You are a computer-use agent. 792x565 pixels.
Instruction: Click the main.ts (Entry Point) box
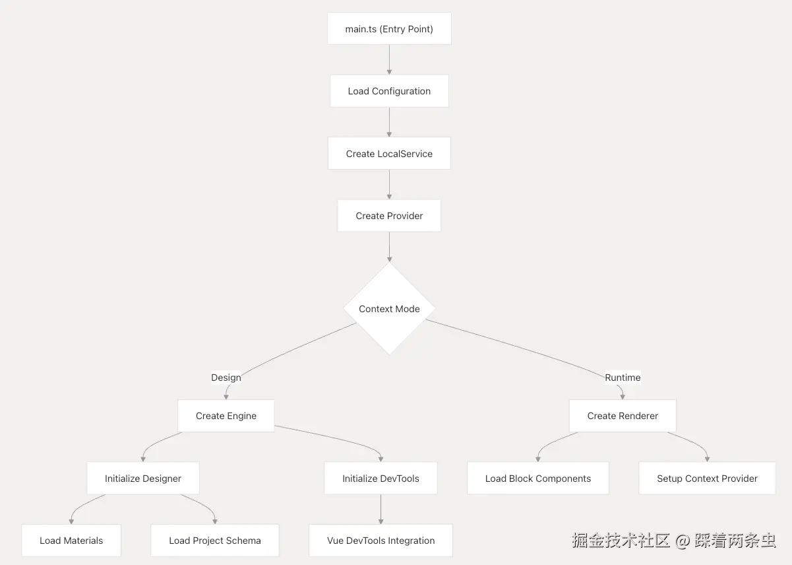click(x=389, y=29)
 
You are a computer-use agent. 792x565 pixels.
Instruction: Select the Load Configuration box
click(x=389, y=91)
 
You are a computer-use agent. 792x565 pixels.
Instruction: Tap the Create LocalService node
click(x=389, y=154)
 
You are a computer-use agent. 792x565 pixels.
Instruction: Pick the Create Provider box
click(x=389, y=216)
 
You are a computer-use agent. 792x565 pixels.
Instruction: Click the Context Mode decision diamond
click(x=389, y=309)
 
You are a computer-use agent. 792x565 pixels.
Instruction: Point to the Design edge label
click(x=226, y=378)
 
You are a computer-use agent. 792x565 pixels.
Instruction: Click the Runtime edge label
click(x=623, y=378)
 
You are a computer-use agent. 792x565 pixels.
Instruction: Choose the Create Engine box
click(x=226, y=416)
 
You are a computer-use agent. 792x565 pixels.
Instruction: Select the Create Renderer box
click(x=623, y=416)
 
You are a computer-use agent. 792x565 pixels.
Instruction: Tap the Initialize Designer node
click(x=143, y=479)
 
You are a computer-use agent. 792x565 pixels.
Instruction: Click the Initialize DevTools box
click(x=381, y=479)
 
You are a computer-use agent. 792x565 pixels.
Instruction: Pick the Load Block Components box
click(x=538, y=479)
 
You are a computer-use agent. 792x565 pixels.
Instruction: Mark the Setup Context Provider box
click(x=707, y=479)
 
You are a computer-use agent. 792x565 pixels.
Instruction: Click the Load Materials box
click(x=71, y=541)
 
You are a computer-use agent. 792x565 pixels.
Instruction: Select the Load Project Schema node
click(x=215, y=541)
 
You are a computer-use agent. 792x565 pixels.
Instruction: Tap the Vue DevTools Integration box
click(x=381, y=541)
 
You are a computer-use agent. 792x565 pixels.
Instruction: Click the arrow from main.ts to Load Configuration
click(x=389, y=59)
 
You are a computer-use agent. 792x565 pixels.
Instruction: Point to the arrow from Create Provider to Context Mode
click(x=389, y=247)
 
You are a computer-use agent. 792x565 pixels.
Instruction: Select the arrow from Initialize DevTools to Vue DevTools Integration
click(x=381, y=509)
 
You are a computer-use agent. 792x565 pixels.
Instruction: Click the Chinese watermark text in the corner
click(x=673, y=541)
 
